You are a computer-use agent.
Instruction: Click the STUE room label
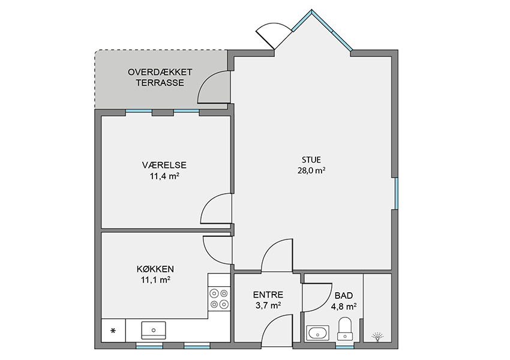point(311,160)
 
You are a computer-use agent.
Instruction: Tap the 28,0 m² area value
point(311,170)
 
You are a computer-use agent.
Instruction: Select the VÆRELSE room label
point(164,165)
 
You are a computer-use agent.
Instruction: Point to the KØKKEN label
point(155,269)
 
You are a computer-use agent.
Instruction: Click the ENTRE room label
point(268,295)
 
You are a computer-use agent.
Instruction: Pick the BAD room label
point(344,296)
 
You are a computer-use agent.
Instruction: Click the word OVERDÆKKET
point(160,72)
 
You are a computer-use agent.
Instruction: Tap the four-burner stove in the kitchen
point(219,299)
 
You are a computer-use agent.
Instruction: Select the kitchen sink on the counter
point(154,331)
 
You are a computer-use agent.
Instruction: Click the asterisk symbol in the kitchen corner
point(113,331)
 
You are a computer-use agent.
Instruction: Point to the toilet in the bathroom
point(344,329)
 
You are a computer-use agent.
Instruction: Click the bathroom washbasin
point(318,333)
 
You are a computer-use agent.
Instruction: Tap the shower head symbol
point(377,337)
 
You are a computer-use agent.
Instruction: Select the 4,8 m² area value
point(344,307)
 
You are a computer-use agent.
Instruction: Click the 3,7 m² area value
point(268,305)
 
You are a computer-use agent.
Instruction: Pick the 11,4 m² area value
point(164,176)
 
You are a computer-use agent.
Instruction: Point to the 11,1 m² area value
point(155,280)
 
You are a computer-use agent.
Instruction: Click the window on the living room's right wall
point(396,193)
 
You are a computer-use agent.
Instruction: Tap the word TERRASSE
point(160,83)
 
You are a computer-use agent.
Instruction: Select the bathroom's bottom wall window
point(345,347)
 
